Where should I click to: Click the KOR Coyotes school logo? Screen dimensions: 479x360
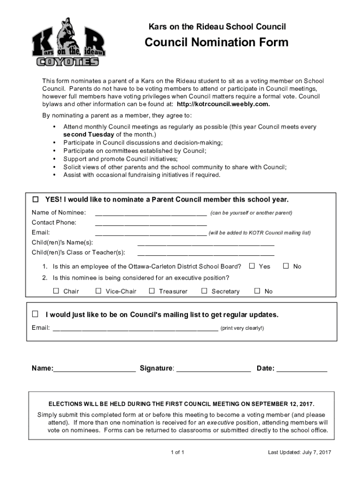(x=68, y=43)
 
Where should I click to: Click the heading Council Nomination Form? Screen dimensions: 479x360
(x=216, y=43)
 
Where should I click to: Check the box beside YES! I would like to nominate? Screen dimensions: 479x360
(x=36, y=200)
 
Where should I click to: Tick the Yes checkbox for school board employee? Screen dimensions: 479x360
(x=252, y=266)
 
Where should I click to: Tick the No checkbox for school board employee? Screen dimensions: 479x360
(x=287, y=266)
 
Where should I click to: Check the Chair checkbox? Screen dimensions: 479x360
(x=56, y=291)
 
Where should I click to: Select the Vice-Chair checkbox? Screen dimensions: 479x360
(x=98, y=291)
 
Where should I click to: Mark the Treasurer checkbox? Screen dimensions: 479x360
(x=151, y=291)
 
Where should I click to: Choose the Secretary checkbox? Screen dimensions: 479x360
(x=204, y=291)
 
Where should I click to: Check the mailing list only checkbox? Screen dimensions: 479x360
(x=36, y=313)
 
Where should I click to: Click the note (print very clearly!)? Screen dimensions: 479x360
(x=242, y=328)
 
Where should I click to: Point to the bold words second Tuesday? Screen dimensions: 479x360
(x=89, y=135)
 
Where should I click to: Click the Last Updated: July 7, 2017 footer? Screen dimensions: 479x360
(x=299, y=452)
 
